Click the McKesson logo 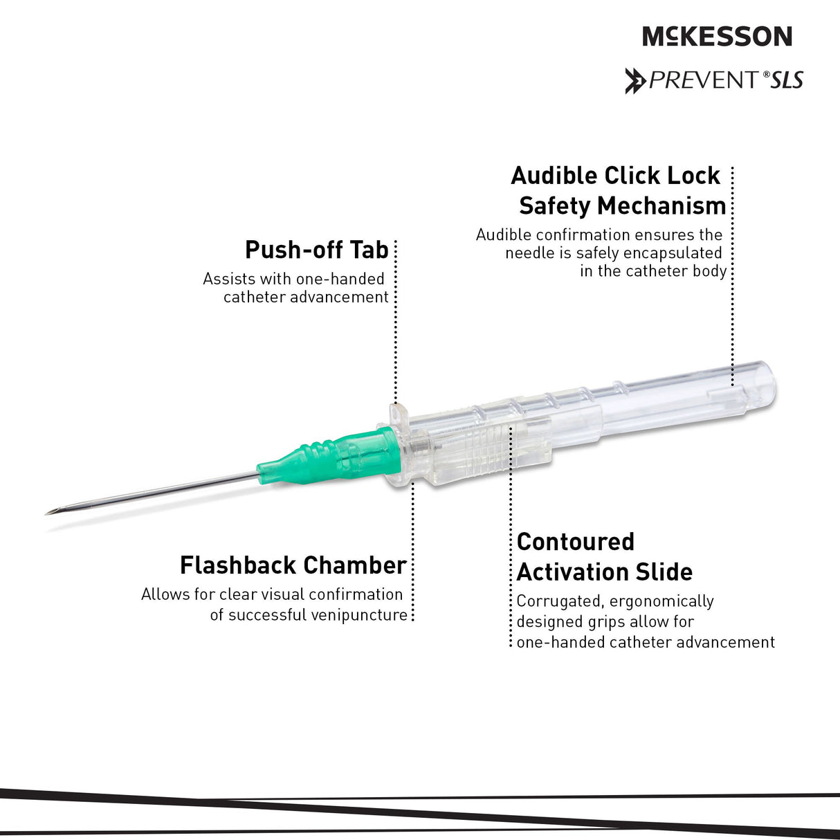coord(717,36)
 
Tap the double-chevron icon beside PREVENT coord(634,81)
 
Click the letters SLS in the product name coord(787,81)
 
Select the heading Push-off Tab coord(317,250)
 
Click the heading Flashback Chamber coord(293,565)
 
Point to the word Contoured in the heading coord(575,542)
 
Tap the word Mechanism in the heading coord(661,206)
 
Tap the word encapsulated coord(673,253)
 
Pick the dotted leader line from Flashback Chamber coord(412,554)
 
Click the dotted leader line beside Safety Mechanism coord(732,277)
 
